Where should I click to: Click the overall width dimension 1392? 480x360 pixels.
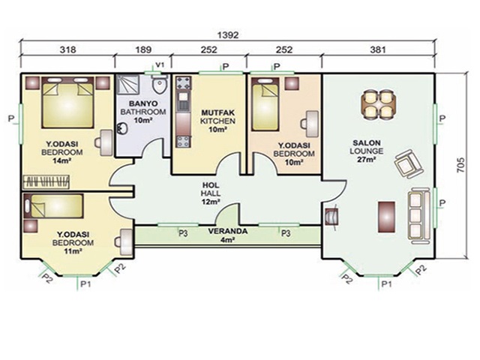point(227,35)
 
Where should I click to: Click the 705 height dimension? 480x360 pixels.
point(460,165)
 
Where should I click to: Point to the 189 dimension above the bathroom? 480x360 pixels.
point(143,49)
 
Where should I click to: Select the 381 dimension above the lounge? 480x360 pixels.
point(378,49)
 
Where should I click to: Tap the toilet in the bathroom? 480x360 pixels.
point(160,85)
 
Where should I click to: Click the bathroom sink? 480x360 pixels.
point(122,128)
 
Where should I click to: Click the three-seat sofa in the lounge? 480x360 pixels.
point(418,216)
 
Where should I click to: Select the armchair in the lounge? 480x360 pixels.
point(408,163)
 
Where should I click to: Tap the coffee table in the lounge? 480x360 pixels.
point(386,217)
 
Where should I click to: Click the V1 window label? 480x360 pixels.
point(160,64)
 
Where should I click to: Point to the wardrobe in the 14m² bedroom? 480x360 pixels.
point(46,181)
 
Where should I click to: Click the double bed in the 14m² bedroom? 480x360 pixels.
point(67,102)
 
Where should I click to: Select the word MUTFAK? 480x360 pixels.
point(217,113)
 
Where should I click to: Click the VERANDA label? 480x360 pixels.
point(227,231)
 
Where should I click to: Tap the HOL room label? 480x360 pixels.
point(211,185)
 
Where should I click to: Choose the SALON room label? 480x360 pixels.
point(367,143)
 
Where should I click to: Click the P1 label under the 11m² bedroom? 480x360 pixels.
point(85,284)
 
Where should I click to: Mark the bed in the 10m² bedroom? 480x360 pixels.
point(265,104)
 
